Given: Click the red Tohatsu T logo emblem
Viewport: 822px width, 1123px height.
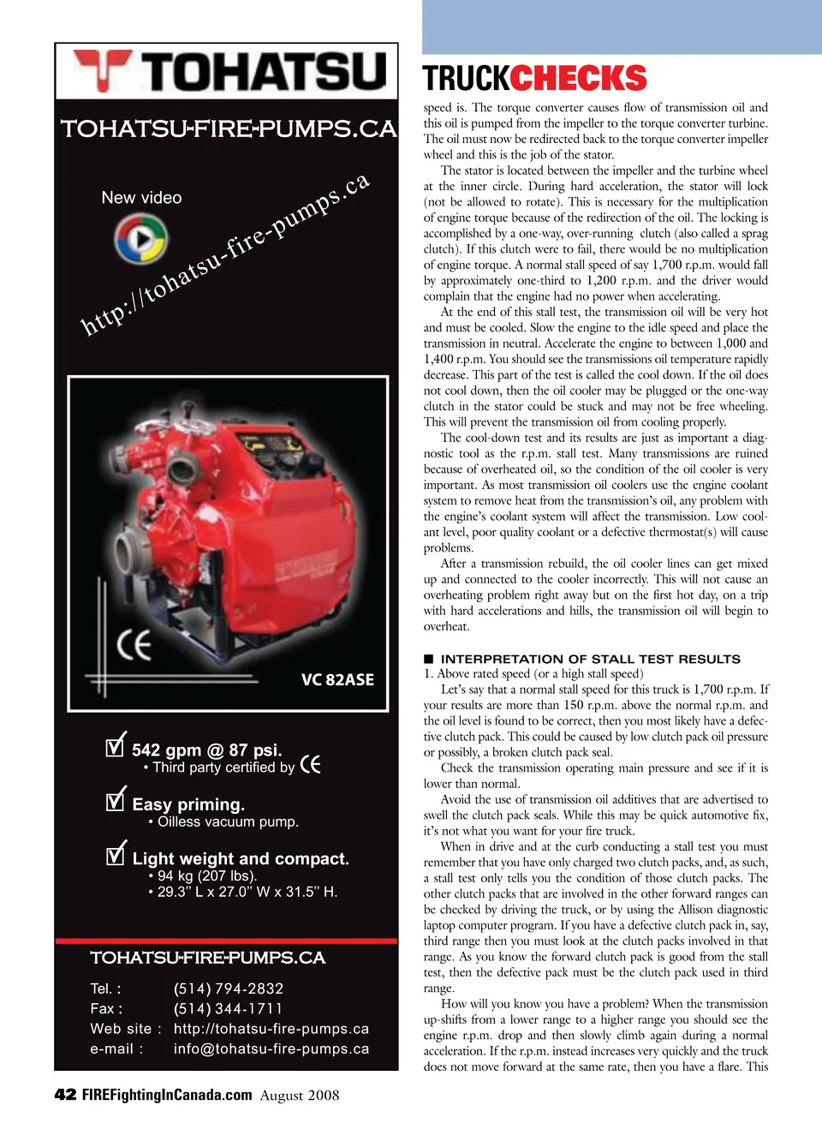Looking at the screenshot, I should click(102, 69).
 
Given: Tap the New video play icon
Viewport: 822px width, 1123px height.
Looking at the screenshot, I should click(141, 238).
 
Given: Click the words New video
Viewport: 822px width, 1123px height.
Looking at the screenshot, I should click(141, 198).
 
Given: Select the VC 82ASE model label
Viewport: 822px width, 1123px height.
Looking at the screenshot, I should click(337, 679).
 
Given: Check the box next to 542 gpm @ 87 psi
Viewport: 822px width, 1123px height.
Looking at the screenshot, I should click(116, 746).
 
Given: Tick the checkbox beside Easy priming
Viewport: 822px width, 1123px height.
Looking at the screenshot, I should click(116, 800).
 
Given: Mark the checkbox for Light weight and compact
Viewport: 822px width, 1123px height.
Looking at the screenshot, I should click(116, 854).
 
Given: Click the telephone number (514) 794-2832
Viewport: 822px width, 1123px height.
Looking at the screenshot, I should click(229, 989).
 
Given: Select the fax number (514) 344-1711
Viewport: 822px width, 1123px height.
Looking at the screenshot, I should click(228, 1008).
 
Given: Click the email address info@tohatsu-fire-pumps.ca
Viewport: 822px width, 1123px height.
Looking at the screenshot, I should click(271, 1048).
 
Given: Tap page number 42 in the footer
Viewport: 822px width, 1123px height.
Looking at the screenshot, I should click(65, 1095).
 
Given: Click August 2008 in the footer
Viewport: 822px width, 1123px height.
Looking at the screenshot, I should click(300, 1096).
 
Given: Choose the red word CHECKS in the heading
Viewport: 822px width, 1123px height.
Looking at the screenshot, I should click(579, 79).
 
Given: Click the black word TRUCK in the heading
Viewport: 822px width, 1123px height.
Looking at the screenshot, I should click(466, 79).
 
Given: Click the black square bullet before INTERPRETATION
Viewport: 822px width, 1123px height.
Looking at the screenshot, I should click(429, 659).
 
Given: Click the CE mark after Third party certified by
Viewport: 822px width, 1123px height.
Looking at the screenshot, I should click(311, 764).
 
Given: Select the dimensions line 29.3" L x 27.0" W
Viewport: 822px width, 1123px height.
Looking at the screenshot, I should click(247, 892).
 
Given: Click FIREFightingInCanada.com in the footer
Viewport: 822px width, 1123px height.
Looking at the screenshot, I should click(167, 1095).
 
